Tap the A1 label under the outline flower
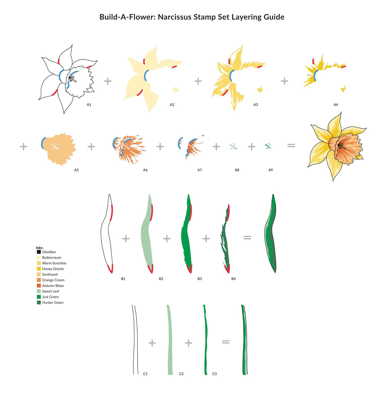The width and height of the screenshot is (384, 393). (89, 105)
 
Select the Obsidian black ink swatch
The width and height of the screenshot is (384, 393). (39, 252)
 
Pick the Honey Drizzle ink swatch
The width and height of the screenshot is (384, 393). (39, 269)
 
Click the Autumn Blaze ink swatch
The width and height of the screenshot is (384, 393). (39, 286)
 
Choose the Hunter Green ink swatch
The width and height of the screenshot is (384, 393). (39, 303)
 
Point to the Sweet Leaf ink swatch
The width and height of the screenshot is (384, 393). (39, 291)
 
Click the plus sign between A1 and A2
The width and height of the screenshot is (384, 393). (108, 81)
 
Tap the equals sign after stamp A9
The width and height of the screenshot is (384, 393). (291, 145)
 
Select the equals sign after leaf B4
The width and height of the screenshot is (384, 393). (247, 237)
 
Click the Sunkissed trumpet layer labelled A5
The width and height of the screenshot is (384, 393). (59, 149)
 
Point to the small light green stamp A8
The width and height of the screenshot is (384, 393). (234, 147)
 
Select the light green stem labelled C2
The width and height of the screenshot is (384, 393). (170, 340)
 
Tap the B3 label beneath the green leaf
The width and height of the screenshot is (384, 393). (199, 279)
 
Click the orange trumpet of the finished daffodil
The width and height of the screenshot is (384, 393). (346, 149)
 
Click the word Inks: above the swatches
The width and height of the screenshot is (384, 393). (39, 248)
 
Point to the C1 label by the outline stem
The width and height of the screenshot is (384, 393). (145, 374)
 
